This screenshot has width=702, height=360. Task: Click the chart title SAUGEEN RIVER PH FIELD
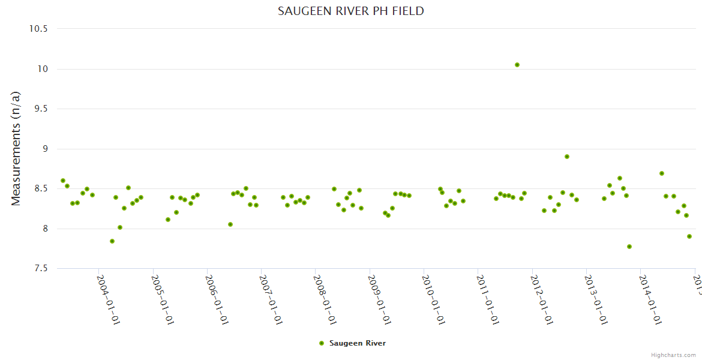351,11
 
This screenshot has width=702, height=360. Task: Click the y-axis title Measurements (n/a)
16,148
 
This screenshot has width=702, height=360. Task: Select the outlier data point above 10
517,65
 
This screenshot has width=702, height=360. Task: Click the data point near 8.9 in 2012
567,157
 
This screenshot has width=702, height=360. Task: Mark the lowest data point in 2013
629,247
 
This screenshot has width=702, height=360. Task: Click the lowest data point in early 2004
112,241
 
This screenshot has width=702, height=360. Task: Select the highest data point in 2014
662,173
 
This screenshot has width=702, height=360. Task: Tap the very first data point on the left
63,181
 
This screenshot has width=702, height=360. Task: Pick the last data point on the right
689,236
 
